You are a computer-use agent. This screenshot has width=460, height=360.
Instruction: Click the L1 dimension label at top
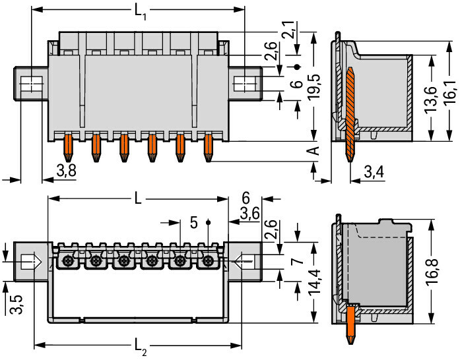141,12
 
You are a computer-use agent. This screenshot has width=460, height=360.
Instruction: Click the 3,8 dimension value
65,171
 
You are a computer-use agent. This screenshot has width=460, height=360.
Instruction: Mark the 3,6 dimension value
249,214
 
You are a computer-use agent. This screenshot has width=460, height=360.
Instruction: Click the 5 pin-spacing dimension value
193,222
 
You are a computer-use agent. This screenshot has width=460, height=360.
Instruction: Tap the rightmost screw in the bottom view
209,261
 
